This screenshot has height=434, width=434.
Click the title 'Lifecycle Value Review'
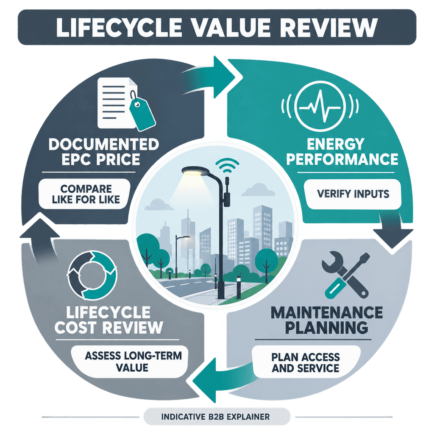[217, 27]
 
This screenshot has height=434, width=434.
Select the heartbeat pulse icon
[320, 106]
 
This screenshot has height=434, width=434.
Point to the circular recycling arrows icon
[92, 275]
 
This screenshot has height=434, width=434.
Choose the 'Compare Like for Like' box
[84, 194]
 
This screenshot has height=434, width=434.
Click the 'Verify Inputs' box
[353, 194]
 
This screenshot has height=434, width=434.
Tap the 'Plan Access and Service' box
[306, 362]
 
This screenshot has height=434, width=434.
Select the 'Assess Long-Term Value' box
[130, 362]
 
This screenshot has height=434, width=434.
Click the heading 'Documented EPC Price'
[103, 152]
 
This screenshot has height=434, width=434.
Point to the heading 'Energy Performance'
[342, 151]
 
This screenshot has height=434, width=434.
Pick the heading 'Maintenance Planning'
[327, 320]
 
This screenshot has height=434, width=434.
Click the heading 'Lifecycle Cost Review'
[109, 320]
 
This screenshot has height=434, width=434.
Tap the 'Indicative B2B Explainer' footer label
[216, 417]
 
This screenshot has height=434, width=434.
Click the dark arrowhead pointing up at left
[40, 228]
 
